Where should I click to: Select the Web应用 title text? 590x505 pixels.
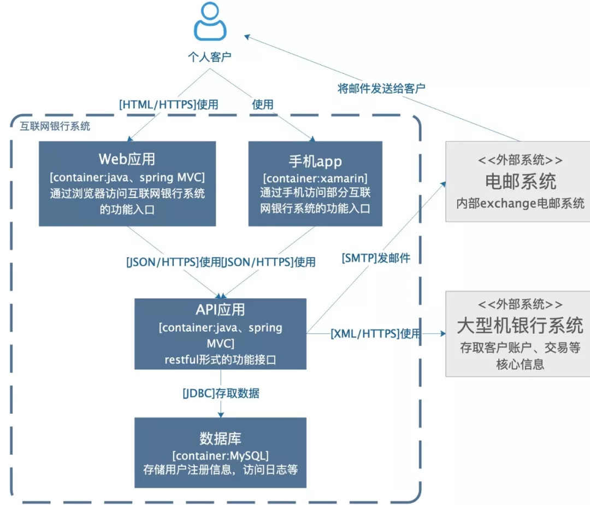click(x=127, y=159)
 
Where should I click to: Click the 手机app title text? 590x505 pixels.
click(x=315, y=161)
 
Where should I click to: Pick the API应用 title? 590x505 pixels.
click(x=220, y=310)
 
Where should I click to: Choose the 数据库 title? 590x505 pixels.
click(x=220, y=438)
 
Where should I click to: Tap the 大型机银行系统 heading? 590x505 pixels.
click(x=520, y=327)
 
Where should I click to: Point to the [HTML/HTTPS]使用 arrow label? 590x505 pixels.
click(x=168, y=105)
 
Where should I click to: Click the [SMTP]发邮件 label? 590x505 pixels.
click(x=376, y=258)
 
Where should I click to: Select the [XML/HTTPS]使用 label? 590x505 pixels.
click(x=375, y=333)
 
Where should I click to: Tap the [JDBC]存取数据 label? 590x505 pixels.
click(x=221, y=393)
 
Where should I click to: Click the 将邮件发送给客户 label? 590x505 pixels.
click(x=381, y=88)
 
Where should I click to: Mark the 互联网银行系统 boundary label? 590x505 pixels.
click(x=55, y=126)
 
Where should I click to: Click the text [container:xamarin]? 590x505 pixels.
click(x=315, y=179)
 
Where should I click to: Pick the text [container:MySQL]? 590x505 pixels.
click(x=220, y=455)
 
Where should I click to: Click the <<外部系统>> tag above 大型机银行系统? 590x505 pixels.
click(x=520, y=305)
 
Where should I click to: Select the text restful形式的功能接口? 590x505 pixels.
click(x=220, y=359)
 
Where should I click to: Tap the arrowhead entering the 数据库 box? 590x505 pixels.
click(x=220, y=415)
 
